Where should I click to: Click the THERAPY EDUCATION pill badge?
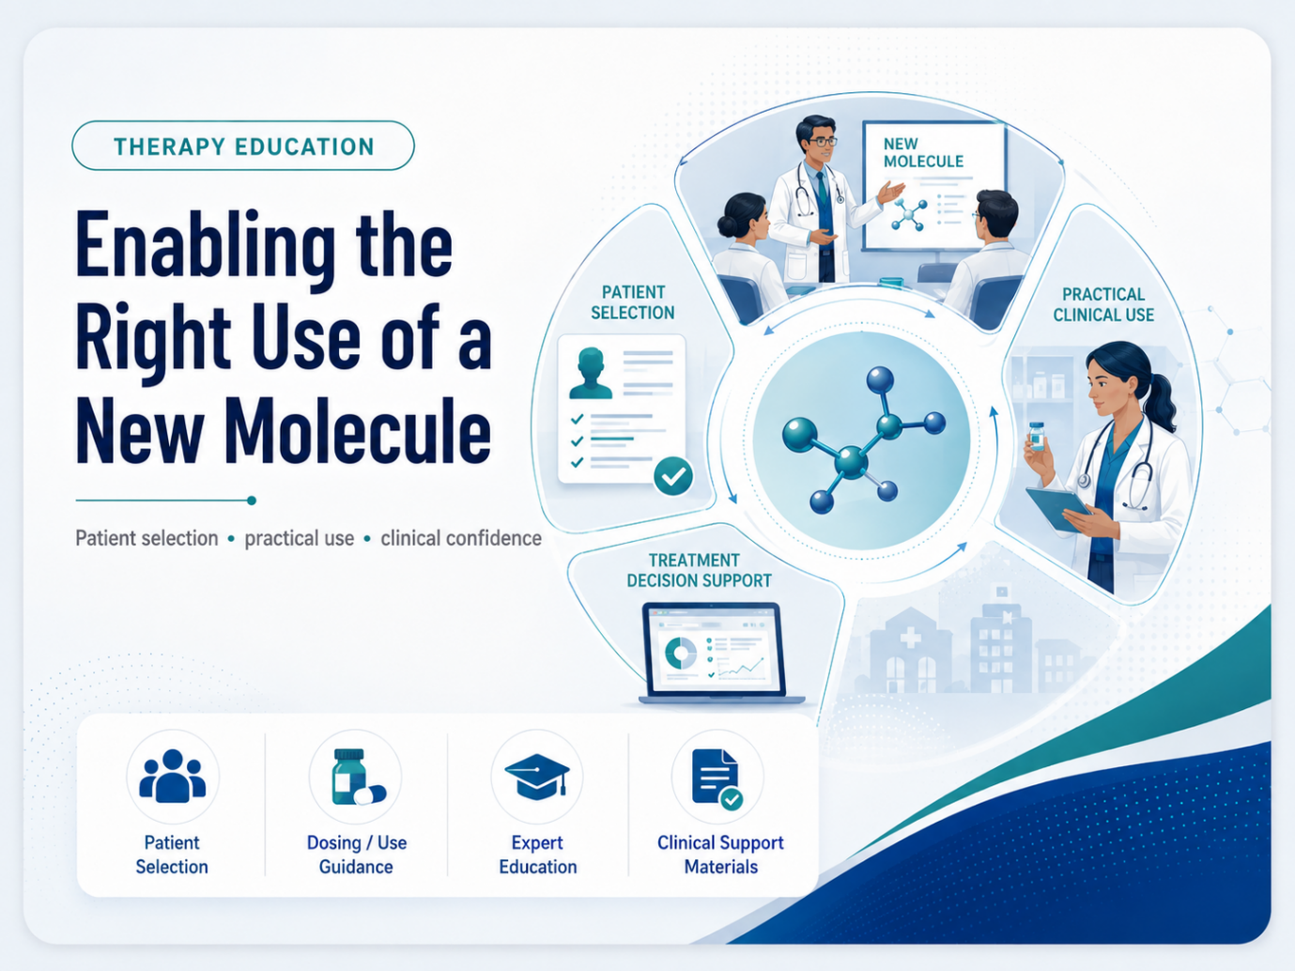coord(243,146)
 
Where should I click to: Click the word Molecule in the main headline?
coord(357,430)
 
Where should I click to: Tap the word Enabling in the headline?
coord(206,247)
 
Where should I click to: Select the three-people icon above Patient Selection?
coord(172,776)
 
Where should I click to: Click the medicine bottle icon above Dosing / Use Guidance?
coord(358,777)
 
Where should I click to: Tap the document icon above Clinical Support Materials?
coord(717,778)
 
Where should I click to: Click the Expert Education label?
coord(537,855)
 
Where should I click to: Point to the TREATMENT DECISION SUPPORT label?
coord(699,570)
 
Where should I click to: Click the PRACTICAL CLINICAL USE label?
coord(1103,304)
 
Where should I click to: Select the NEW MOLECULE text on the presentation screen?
coord(923,152)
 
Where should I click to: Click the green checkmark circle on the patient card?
coord(673,476)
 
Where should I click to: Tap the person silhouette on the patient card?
coord(591,374)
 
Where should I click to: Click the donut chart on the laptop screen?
coord(681,653)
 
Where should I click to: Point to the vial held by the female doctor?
coord(1037,436)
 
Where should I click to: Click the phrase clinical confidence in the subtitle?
coord(461,538)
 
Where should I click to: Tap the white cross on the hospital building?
coord(910,637)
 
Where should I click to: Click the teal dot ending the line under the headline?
coord(252,501)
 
